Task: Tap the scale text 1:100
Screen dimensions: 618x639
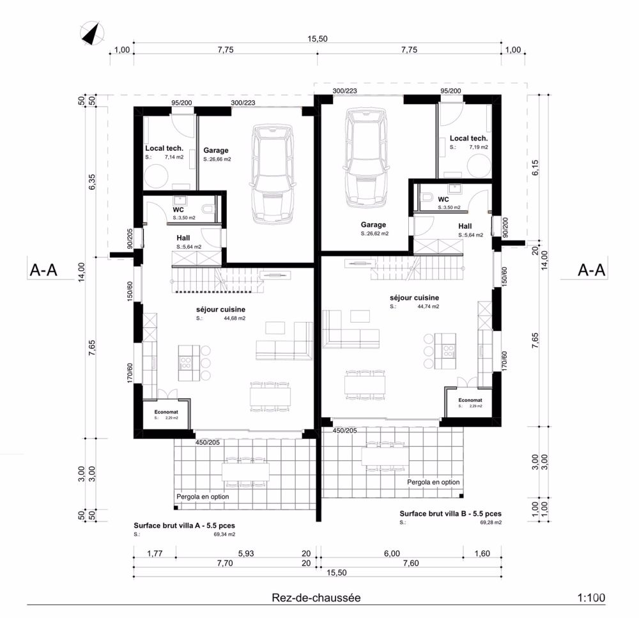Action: pos(590,598)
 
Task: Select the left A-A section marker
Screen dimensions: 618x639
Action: pos(44,270)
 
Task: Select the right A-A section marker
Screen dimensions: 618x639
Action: pos(592,270)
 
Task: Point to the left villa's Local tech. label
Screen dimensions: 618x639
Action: pos(164,148)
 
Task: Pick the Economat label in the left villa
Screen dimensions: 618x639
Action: pos(166,412)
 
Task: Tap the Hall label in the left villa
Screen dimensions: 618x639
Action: pos(183,238)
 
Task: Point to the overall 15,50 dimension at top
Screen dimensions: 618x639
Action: pos(318,39)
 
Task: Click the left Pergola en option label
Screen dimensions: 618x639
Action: pos(202,496)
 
